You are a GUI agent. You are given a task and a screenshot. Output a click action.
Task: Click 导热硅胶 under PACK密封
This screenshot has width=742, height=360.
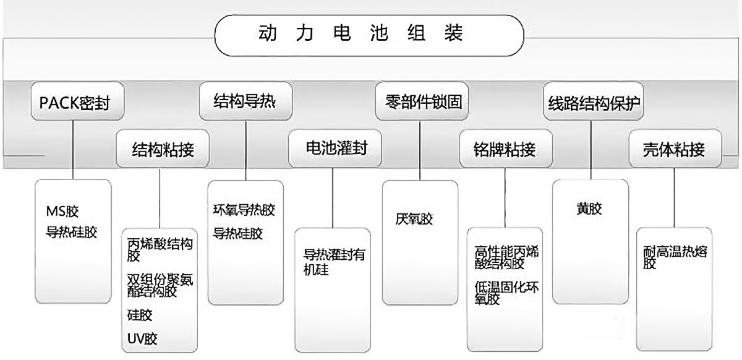click(72, 233)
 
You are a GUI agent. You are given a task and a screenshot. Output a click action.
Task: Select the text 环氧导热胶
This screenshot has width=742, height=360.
click(244, 210)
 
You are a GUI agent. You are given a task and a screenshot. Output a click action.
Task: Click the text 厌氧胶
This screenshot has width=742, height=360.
click(414, 219)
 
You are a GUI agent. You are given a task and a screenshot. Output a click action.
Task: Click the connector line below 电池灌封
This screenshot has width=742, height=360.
click(333, 198)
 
